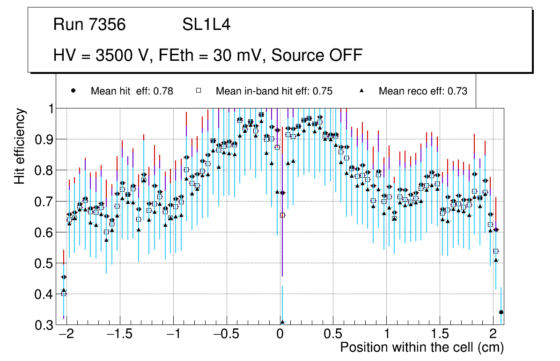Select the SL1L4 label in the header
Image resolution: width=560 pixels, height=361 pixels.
click(x=206, y=25)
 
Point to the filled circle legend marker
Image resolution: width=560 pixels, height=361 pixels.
click(x=73, y=91)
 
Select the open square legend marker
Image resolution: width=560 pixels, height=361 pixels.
click(x=198, y=91)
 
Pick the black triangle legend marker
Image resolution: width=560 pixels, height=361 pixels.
click(x=361, y=91)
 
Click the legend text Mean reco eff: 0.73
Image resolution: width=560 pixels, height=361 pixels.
click(x=423, y=91)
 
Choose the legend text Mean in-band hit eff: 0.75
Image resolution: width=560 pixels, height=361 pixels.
click(x=274, y=91)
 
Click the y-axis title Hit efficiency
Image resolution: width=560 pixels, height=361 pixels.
click(x=20, y=146)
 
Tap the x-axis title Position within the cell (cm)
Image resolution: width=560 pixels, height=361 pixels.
click(x=421, y=347)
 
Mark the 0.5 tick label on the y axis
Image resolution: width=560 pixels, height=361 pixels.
click(x=45, y=263)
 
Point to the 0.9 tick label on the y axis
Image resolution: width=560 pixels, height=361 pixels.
click(x=45, y=139)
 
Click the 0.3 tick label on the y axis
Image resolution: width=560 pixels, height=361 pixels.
click(x=45, y=325)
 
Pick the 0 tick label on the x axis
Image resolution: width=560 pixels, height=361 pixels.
click(x=280, y=335)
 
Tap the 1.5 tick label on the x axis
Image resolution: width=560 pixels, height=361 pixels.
click(x=440, y=335)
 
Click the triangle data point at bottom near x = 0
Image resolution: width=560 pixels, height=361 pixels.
click(x=282, y=322)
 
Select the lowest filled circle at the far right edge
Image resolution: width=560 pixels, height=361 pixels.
click(x=501, y=312)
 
